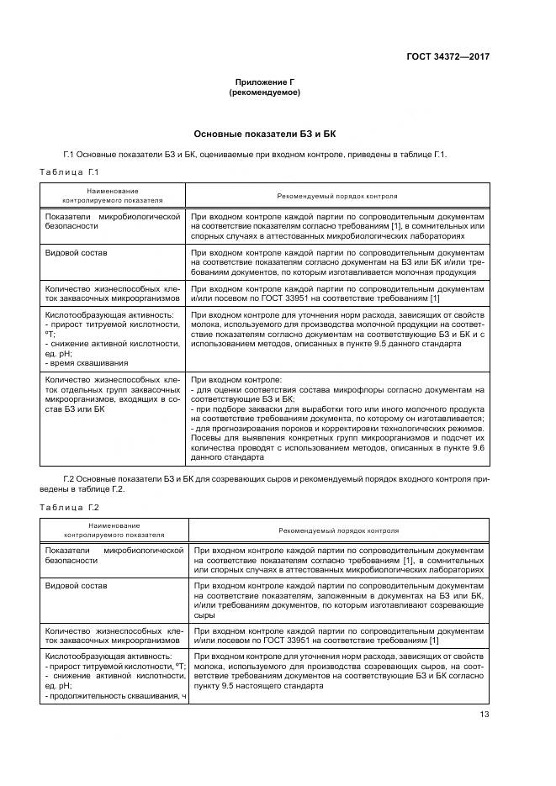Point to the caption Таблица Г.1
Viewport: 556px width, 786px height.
pyautogui.click(x=71, y=172)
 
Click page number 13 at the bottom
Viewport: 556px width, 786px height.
pyautogui.click(x=484, y=715)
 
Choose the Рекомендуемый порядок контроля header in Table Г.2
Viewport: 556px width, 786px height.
pyautogui.click(x=338, y=532)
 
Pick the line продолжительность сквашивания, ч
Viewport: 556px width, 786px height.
pyautogui.click(x=115, y=697)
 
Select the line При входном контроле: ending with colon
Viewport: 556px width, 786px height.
pyautogui.click(x=230, y=380)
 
